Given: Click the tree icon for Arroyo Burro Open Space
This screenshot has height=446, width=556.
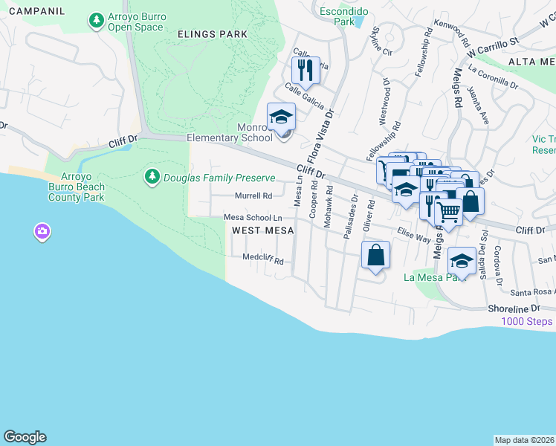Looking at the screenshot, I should pos(96,22).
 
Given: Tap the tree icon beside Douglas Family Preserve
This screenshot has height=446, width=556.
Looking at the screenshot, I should pos(152,177).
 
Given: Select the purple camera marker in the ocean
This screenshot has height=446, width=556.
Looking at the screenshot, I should pos(42,232).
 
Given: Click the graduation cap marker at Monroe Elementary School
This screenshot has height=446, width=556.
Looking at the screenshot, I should pos(281,117).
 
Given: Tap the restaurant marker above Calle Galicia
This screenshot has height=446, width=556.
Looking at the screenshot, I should pos(306,71).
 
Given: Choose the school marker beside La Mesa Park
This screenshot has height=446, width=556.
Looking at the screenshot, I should pos(462,261).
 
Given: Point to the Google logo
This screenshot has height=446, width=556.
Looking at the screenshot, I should pos(25,437).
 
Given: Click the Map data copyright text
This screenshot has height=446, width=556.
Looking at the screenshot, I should pos(524,439).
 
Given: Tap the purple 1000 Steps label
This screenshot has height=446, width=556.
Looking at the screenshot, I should pos(526,321).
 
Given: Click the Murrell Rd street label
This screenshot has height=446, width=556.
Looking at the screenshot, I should pos(253,196).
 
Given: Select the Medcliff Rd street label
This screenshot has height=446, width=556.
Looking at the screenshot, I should pos(264,260).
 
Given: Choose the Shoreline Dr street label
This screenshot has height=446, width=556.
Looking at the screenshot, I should pos(514,308).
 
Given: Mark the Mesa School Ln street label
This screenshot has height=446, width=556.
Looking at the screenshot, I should pos(253,217).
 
